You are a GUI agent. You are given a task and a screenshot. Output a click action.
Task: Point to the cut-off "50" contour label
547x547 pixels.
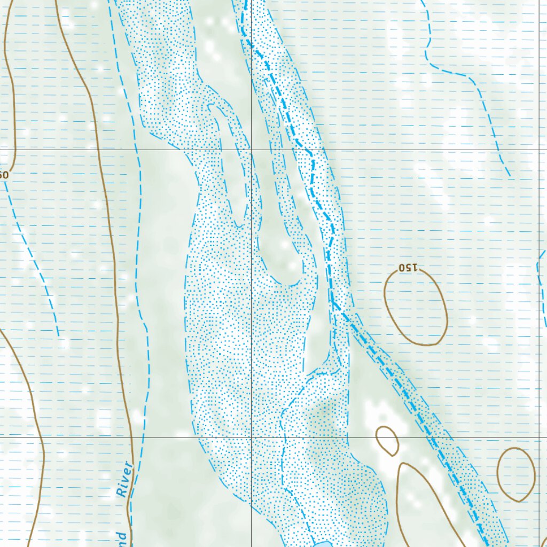point(4,175)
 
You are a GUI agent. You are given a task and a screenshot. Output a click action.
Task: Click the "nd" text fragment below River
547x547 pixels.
point(122,536)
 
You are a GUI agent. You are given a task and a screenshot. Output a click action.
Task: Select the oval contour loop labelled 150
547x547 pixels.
point(416,307)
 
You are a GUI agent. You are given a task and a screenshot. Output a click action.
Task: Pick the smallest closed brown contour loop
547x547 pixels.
point(387,440)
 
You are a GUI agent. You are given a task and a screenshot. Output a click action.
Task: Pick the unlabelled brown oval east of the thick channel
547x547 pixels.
point(516,474)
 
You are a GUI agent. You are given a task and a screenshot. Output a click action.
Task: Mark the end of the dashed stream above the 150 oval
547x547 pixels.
point(509,175)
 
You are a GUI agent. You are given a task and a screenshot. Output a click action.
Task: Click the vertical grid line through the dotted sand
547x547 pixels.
point(251,321)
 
